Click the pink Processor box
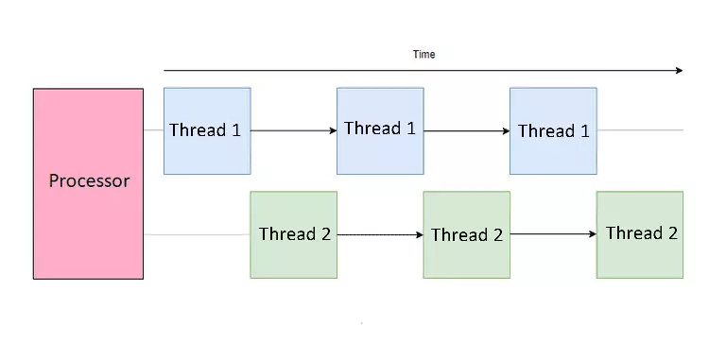coord(88,183)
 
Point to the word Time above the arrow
coord(424,55)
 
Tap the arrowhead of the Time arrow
coord(680,70)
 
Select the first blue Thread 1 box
coord(207,131)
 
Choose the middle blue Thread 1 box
coord(380,131)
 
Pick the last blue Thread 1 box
coord(553,131)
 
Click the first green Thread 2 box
coord(294,234)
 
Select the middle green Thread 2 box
coord(467,234)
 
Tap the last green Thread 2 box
coord(640,234)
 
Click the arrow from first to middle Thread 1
coord(294,131)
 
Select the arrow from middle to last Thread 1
coord(467,131)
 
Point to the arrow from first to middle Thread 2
coord(380,235)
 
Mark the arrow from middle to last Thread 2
coord(553,234)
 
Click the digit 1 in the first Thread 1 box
coord(236,130)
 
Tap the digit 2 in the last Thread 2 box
coord(672,232)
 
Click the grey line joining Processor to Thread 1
coord(153,130)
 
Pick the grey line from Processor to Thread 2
coord(197,234)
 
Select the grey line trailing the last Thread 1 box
coord(640,130)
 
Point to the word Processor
coord(89,180)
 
